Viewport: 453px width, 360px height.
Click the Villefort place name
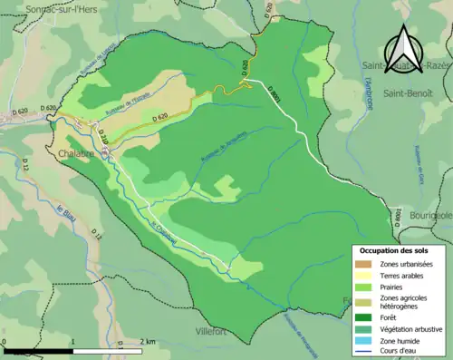(216, 332)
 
